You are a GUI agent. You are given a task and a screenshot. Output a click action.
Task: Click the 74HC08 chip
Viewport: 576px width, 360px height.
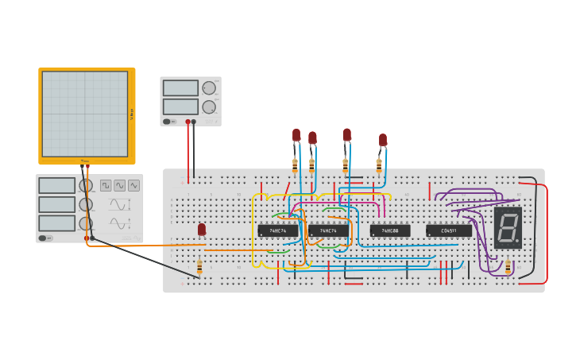[x=390, y=231]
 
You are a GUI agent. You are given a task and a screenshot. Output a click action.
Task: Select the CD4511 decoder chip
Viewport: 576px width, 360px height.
[x=449, y=231]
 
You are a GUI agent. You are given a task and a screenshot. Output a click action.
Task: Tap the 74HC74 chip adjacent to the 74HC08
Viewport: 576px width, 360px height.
[x=328, y=231]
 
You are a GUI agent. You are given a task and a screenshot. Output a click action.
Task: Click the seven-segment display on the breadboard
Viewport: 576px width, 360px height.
[x=508, y=228]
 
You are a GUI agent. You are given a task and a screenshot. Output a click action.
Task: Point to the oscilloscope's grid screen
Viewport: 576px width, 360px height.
[x=85, y=114]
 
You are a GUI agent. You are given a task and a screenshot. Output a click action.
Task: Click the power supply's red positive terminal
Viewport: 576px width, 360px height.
[x=188, y=122]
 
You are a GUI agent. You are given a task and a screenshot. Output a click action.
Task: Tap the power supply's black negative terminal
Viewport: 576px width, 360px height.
[x=194, y=122]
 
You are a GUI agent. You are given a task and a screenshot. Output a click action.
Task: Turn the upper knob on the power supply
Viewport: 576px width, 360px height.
[x=209, y=88]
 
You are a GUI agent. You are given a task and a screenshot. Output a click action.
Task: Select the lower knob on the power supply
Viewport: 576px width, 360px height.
[x=209, y=106]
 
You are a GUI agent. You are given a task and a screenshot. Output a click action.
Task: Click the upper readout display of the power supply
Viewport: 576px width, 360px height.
[x=180, y=88]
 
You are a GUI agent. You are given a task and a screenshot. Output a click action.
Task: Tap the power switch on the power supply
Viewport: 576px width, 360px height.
[x=167, y=122]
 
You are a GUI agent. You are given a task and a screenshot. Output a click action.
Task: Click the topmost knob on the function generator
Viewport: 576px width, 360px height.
[x=86, y=185]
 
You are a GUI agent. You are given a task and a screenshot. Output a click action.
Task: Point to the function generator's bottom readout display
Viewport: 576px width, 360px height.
[x=57, y=223]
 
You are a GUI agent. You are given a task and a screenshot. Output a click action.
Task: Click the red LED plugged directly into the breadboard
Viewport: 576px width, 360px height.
[x=202, y=230]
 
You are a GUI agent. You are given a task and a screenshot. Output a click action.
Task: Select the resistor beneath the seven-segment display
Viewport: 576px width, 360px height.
[x=508, y=266]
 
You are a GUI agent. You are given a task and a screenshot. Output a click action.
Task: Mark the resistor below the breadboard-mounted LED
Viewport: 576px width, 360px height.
[x=199, y=266]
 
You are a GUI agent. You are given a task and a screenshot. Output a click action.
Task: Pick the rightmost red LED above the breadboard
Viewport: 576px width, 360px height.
[x=383, y=140]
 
